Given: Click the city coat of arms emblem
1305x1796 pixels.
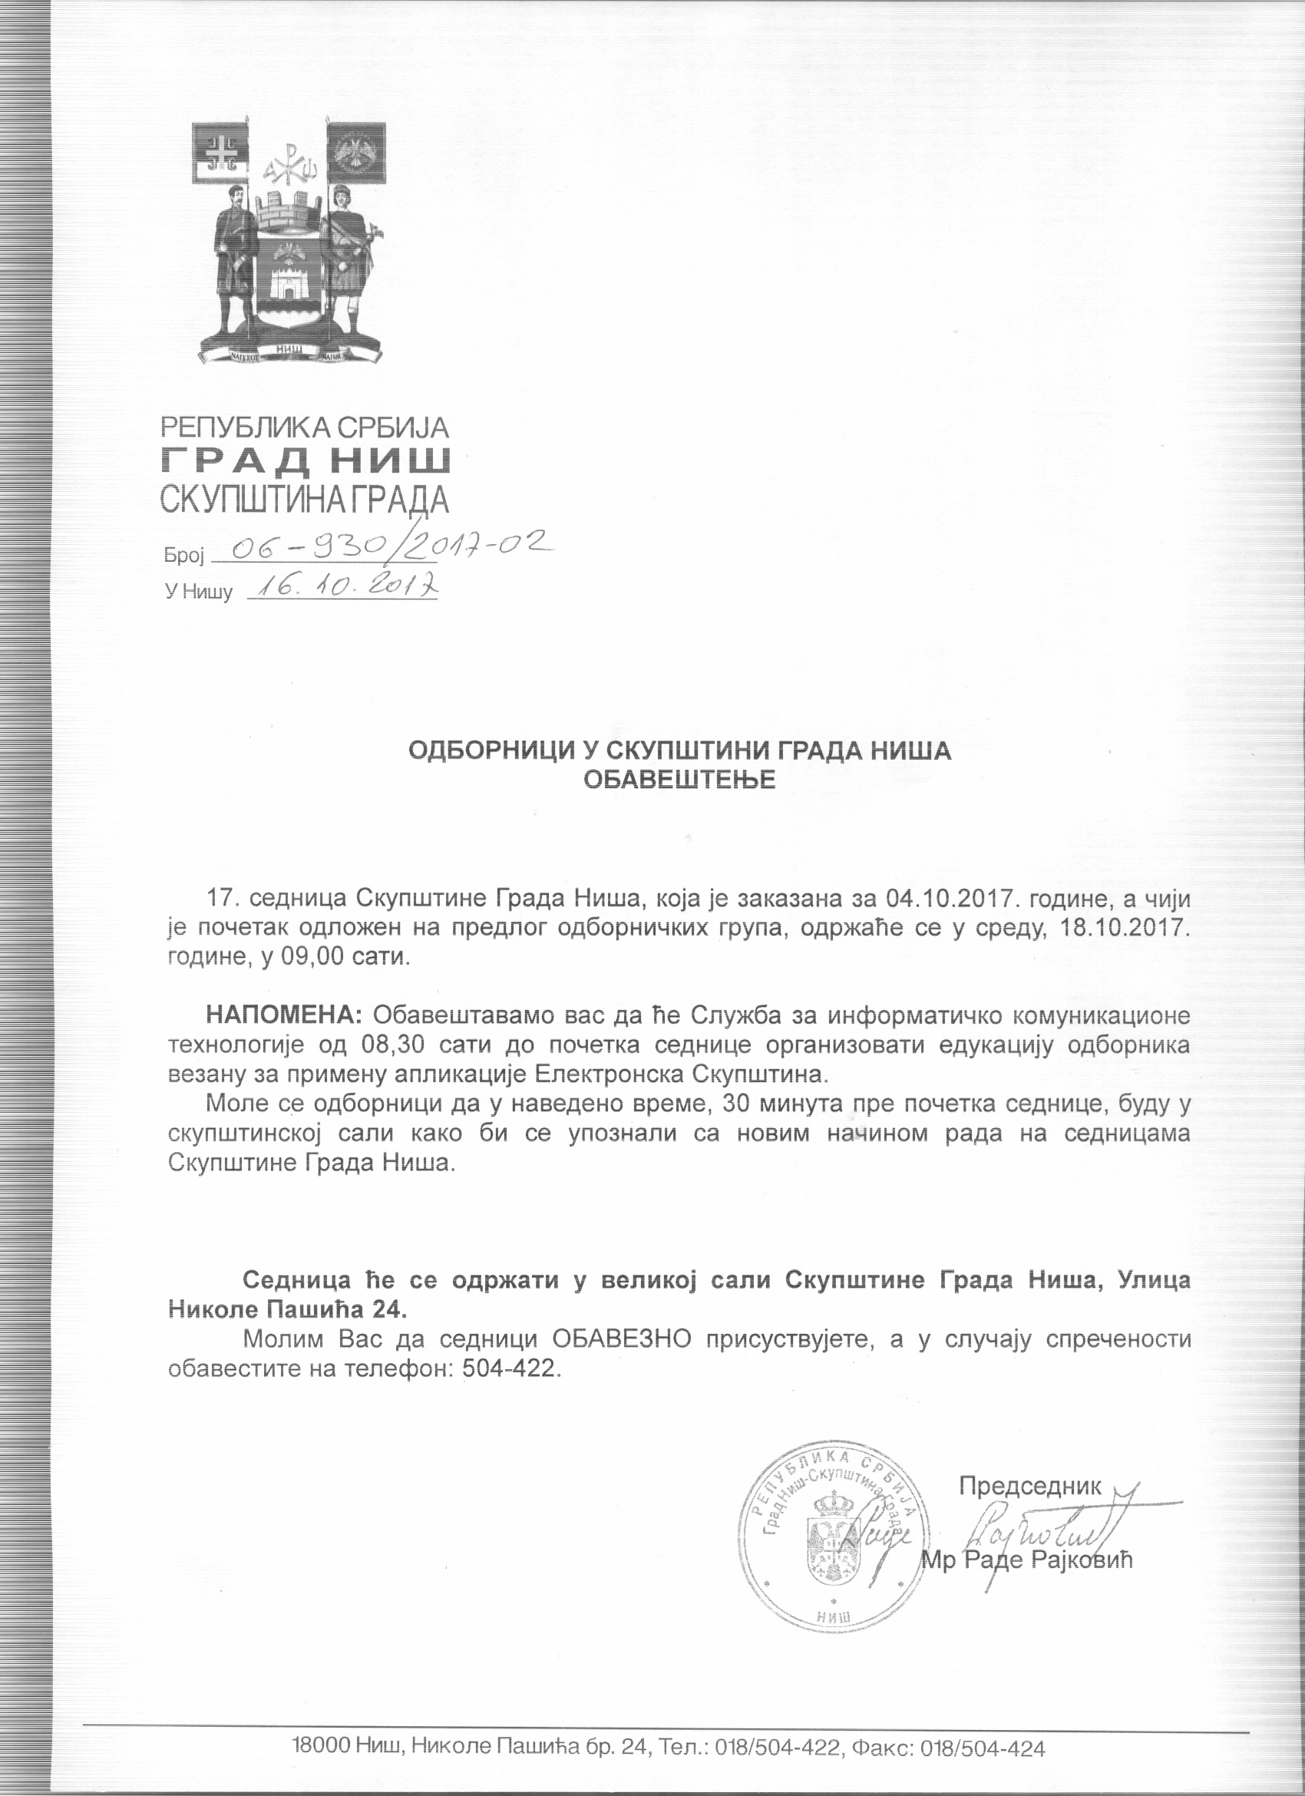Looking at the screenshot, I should point(289,241).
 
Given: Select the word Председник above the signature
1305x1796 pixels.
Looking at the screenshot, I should point(1029,1486).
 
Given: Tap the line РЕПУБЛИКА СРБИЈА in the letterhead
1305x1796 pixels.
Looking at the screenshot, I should point(305,428).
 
